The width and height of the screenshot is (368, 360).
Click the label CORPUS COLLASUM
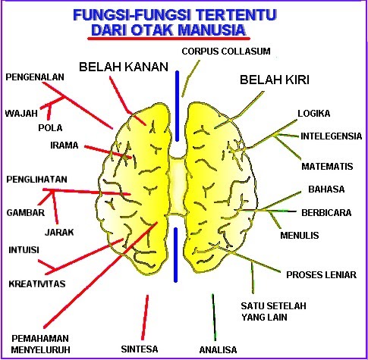click(226, 52)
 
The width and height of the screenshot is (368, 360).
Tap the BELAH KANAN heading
click(124, 67)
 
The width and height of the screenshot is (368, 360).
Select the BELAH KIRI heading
click(275, 80)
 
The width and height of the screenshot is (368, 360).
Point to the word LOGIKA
click(313, 114)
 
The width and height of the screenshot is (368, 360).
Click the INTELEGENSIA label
click(331, 136)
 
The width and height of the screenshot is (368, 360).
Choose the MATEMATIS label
click(327, 167)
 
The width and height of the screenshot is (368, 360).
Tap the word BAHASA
click(326, 189)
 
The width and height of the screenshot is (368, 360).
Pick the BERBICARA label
click(326, 213)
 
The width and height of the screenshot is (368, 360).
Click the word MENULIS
click(300, 236)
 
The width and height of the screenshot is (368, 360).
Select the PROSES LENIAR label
click(321, 275)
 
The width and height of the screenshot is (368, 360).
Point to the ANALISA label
click(218, 350)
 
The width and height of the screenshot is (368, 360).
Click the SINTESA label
click(140, 349)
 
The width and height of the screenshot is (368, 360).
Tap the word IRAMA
click(64, 146)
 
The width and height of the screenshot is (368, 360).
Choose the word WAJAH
click(21, 113)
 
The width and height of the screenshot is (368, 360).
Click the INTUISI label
click(24, 250)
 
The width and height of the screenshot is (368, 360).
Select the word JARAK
click(59, 233)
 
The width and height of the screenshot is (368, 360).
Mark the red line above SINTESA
click(145, 318)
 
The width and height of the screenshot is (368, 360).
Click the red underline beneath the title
click(168, 39)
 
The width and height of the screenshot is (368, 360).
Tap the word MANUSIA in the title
click(212, 30)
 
